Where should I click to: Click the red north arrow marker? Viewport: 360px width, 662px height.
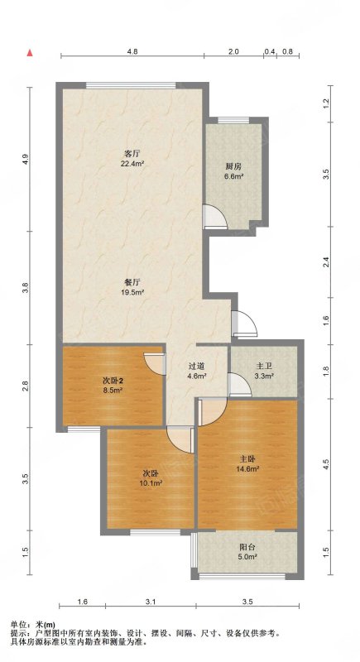pos(30,53)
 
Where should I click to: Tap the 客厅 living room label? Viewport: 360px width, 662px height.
pos(132,153)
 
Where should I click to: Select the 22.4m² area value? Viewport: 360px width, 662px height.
pos(132,161)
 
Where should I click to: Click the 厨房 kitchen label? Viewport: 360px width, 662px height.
pos(233,166)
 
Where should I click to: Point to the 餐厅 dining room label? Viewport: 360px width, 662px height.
pos(132,283)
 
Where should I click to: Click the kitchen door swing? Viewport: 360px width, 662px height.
pos(215,216)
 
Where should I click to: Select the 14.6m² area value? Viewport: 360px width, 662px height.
pos(247,468)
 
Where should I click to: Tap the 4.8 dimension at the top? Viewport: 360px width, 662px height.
pos(132,51)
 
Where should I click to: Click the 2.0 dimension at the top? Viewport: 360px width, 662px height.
pos(234,51)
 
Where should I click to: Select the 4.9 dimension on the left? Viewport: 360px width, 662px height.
pos(26,160)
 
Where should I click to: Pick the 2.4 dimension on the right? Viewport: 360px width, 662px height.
pos(325,262)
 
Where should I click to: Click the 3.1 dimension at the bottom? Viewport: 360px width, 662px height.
pos(151,602)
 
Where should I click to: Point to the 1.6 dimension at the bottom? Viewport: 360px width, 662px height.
pos(83,602)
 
